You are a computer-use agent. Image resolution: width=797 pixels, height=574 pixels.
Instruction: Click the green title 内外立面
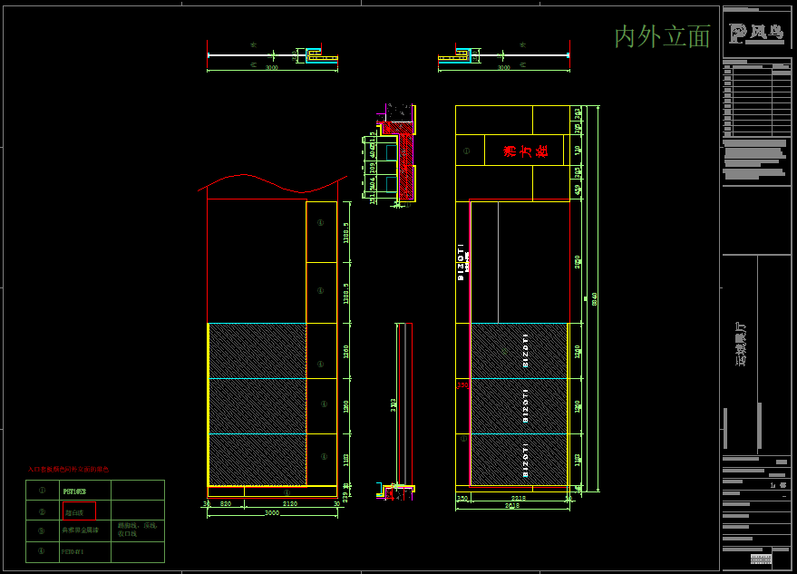[x=662, y=36]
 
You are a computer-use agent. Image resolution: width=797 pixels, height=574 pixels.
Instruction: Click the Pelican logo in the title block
[x=755, y=34]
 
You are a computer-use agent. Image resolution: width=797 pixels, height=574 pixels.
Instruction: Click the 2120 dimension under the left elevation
[x=290, y=503]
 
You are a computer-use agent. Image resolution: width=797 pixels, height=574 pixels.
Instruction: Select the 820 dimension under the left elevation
[x=225, y=503]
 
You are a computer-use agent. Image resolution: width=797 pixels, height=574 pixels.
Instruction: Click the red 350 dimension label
[x=462, y=385]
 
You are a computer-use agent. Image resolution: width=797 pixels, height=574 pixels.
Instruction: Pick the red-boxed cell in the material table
[x=79, y=511]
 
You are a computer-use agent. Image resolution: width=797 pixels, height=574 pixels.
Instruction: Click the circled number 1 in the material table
[x=41, y=490]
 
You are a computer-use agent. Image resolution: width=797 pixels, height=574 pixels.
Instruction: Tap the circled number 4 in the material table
[x=41, y=550]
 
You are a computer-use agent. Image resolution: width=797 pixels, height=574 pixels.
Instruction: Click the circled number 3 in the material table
[x=41, y=530]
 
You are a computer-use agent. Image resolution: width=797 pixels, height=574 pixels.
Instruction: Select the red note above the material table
[x=68, y=470]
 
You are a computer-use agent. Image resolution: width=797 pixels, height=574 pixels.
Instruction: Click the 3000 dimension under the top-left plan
[x=271, y=68]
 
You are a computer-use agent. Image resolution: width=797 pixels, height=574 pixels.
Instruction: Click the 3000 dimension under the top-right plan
[x=503, y=68]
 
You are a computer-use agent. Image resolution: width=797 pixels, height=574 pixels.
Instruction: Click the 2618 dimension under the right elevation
[x=512, y=505]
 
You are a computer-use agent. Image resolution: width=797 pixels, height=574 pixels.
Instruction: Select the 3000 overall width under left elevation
[x=271, y=513]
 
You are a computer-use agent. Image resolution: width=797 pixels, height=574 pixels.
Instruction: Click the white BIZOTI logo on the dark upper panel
[x=461, y=263]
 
